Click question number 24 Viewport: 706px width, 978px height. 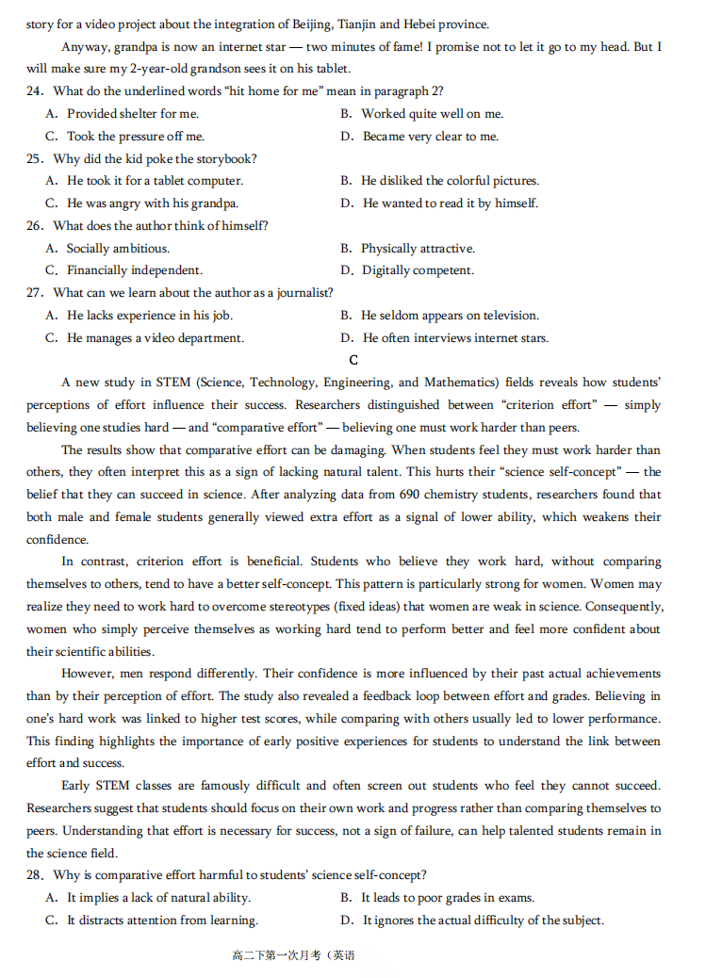(35, 91)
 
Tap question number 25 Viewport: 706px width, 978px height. (35, 159)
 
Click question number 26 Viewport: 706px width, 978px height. (35, 226)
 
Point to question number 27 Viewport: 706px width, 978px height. (35, 293)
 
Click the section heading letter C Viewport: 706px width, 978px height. (353, 361)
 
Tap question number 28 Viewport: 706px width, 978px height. (35, 876)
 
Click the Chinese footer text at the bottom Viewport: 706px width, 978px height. (293, 956)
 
